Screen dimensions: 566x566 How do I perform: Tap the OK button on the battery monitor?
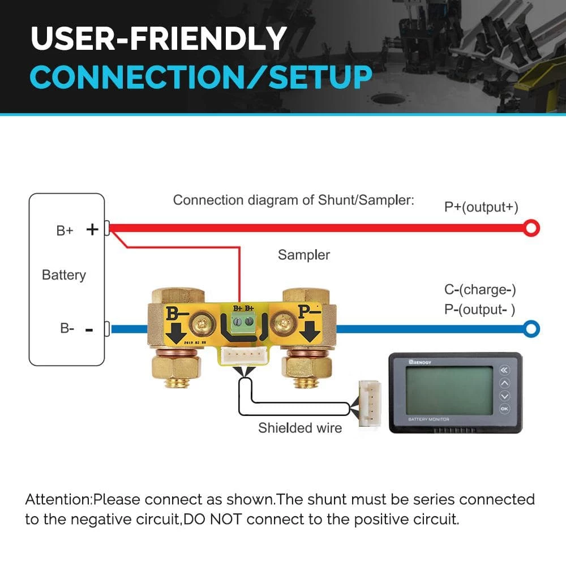tap(504, 409)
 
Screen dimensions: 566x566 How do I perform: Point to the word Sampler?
tap(303, 255)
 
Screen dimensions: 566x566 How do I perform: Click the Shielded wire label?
tap(300, 428)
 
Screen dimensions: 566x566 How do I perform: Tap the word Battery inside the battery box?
tap(64, 275)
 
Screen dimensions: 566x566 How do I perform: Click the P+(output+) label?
tap(481, 207)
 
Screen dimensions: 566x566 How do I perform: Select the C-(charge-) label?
tap(480, 290)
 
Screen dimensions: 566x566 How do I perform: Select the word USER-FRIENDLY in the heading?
tap(158, 38)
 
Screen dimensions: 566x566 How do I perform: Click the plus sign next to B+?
tap(92, 229)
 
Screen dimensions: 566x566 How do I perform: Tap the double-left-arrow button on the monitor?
tap(504, 371)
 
